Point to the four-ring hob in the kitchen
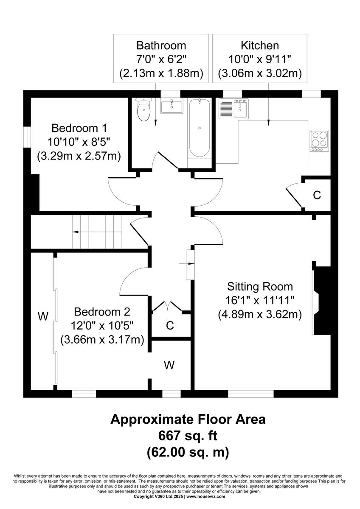coord(319,141)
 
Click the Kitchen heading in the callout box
coord(259,45)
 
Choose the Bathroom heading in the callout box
coord(161,45)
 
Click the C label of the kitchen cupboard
coord(317,195)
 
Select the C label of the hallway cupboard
coord(170,326)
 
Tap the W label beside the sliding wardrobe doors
coord(42,316)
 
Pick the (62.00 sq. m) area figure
coord(188,452)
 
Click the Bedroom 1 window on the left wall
coord(26,137)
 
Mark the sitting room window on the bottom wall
coord(250,394)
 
